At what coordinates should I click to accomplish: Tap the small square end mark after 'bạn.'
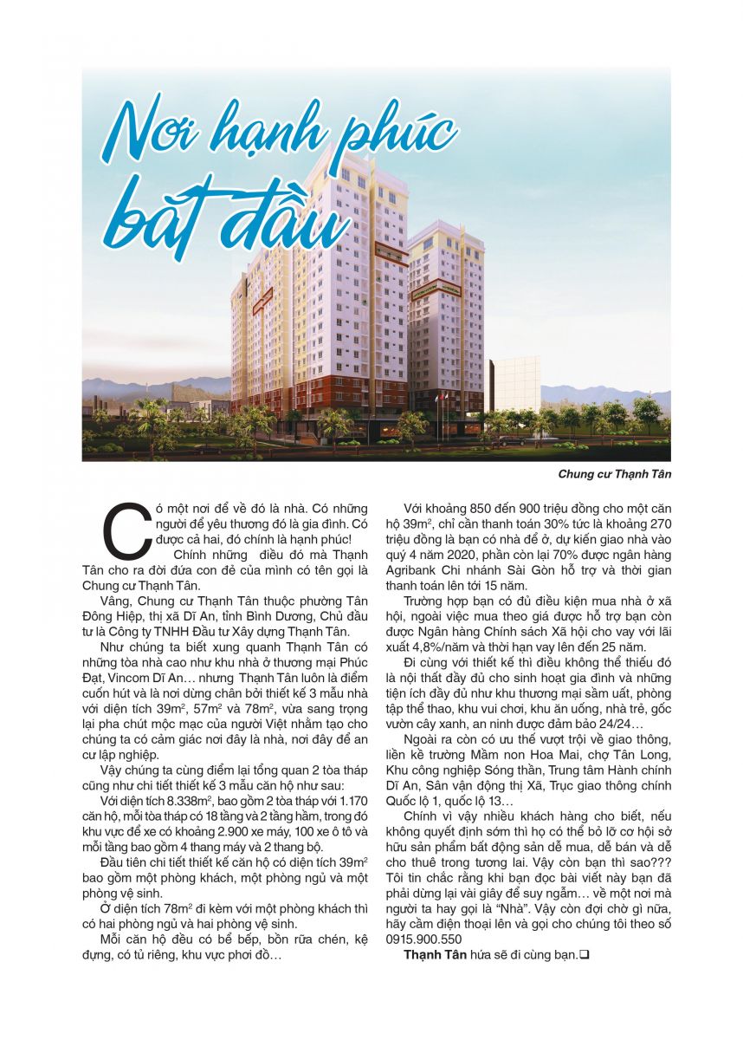coord(585,955)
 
